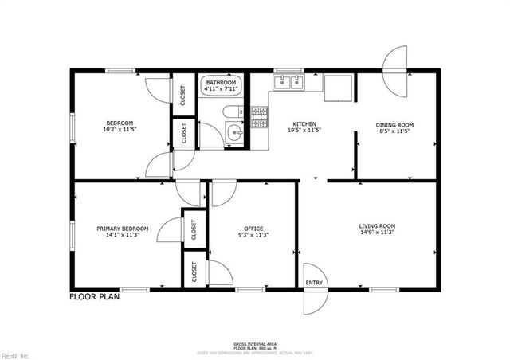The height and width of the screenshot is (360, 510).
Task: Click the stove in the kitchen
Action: (x=260, y=118)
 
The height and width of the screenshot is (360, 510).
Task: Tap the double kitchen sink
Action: (x=288, y=83)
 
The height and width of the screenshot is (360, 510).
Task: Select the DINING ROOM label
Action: (x=395, y=124)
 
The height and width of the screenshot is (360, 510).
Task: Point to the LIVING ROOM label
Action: (x=378, y=226)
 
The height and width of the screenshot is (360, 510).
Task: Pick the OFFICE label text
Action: (x=253, y=229)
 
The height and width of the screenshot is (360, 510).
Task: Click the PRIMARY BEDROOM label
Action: (x=118, y=229)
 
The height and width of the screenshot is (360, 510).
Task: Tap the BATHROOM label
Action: (x=222, y=83)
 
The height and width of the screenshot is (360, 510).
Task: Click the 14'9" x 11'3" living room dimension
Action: (x=378, y=233)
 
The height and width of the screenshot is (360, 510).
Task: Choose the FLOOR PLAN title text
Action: (x=94, y=296)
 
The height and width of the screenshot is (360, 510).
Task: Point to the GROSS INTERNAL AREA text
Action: (x=254, y=339)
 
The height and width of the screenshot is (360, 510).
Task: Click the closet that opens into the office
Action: (x=195, y=272)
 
